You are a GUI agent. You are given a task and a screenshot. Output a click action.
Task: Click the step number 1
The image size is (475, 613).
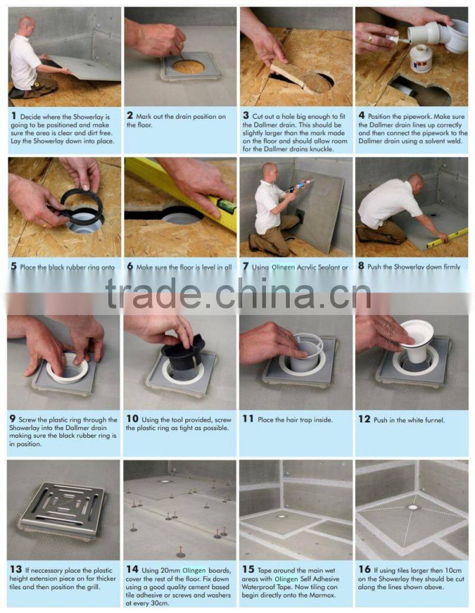click(12, 116)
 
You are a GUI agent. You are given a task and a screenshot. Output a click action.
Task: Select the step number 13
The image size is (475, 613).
click(15, 569)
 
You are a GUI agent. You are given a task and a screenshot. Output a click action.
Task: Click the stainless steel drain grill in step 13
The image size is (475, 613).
click(62, 508)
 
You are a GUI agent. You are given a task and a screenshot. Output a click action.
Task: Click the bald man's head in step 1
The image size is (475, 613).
click(26, 25)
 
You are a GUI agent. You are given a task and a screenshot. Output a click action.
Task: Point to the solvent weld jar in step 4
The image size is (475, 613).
click(421, 58)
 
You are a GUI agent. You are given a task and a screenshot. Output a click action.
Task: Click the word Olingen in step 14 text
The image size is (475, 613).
click(194, 569)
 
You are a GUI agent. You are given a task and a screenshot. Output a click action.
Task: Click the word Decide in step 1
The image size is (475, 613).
click(33, 116)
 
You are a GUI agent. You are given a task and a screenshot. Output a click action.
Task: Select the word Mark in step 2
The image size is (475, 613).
click(145, 116)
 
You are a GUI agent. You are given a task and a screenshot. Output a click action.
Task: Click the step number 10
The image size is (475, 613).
click(132, 419)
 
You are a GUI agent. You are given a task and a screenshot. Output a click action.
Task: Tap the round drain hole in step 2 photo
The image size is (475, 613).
click(189, 67)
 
